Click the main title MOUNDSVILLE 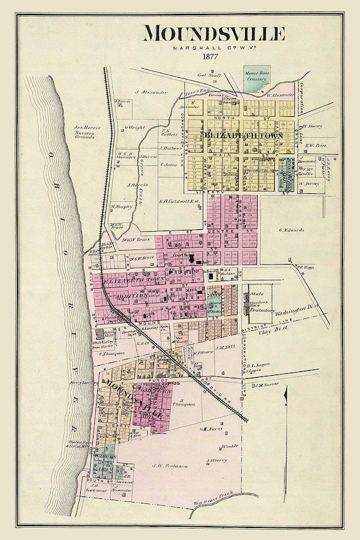(213, 33)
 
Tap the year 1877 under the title (212, 57)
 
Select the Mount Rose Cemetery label (256, 78)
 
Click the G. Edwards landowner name (292, 230)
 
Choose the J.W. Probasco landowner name (165, 467)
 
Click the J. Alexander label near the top (153, 92)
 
